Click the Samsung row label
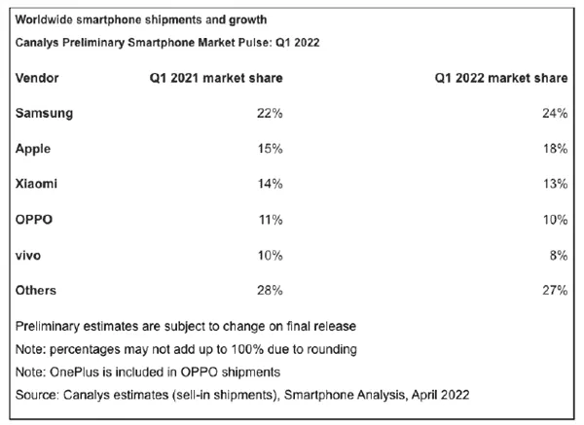44,113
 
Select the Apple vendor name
34,148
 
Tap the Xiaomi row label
37,183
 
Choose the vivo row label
29,254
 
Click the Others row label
37,289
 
